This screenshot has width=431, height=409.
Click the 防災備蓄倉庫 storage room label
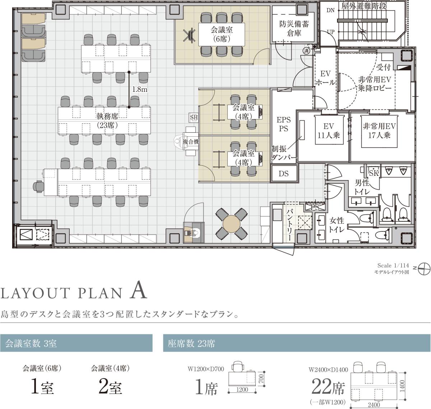point(294,28)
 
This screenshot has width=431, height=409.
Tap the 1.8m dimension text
point(140,89)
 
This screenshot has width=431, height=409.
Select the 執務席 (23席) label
point(107,121)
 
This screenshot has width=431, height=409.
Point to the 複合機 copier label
point(191,142)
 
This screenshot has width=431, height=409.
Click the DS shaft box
point(284,174)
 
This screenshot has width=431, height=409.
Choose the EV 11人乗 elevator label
point(329,131)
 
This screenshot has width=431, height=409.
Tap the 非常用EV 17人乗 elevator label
point(379,131)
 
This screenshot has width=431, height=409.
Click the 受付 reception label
point(384,67)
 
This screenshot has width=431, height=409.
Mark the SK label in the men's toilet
point(374,173)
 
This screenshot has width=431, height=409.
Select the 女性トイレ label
point(337,225)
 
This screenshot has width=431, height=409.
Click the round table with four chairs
point(232,224)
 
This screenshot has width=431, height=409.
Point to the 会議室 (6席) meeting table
point(221,34)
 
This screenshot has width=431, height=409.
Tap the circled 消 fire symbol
point(306,51)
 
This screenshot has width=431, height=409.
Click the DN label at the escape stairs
point(330,10)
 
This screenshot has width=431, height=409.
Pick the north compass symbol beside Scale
point(423,269)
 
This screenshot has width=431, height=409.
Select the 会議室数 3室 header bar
point(76,343)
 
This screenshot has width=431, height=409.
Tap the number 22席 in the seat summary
point(328,387)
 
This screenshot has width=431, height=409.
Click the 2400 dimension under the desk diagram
point(374,404)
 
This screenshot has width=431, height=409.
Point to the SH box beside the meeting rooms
point(194,117)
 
